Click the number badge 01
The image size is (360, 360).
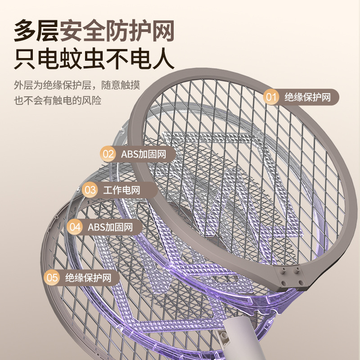(x=271, y=97)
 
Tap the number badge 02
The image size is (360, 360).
(x=108, y=154)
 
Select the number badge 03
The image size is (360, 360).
(x=90, y=190)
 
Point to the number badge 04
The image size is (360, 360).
(x=75, y=227)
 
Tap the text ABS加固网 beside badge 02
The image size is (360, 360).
(x=143, y=154)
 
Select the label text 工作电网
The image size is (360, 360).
(x=121, y=190)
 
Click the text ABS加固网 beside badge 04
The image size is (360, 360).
(x=110, y=227)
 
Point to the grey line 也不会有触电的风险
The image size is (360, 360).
(x=58, y=100)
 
